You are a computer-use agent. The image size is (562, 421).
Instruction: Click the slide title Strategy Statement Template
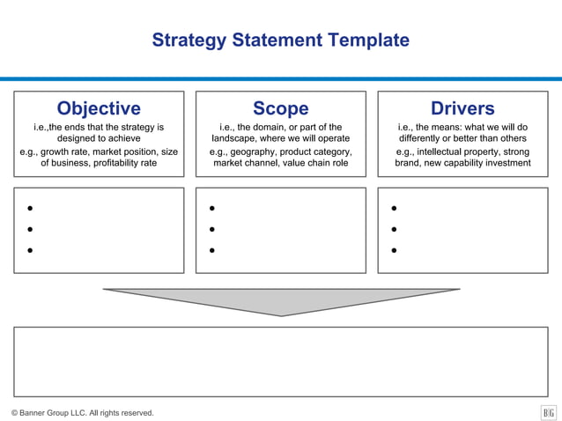click(280, 41)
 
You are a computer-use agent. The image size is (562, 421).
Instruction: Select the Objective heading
click(99, 108)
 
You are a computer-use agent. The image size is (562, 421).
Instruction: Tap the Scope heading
click(280, 108)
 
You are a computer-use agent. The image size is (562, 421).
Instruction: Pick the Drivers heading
click(462, 108)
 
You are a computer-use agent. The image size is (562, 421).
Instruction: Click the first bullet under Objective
click(30, 209)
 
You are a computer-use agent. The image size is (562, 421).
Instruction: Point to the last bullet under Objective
click(30, 250)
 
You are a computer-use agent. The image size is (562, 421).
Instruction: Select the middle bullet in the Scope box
click(212, 230)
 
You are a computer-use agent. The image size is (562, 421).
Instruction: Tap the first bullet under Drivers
click(394, 209)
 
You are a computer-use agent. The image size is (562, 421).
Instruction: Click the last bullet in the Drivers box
click(394, 250)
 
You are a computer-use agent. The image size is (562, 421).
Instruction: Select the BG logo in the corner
click(548, 412)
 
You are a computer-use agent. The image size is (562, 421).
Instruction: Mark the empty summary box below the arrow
click(280, 361)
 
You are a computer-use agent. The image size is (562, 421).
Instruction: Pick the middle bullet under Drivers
click(394, 230)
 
